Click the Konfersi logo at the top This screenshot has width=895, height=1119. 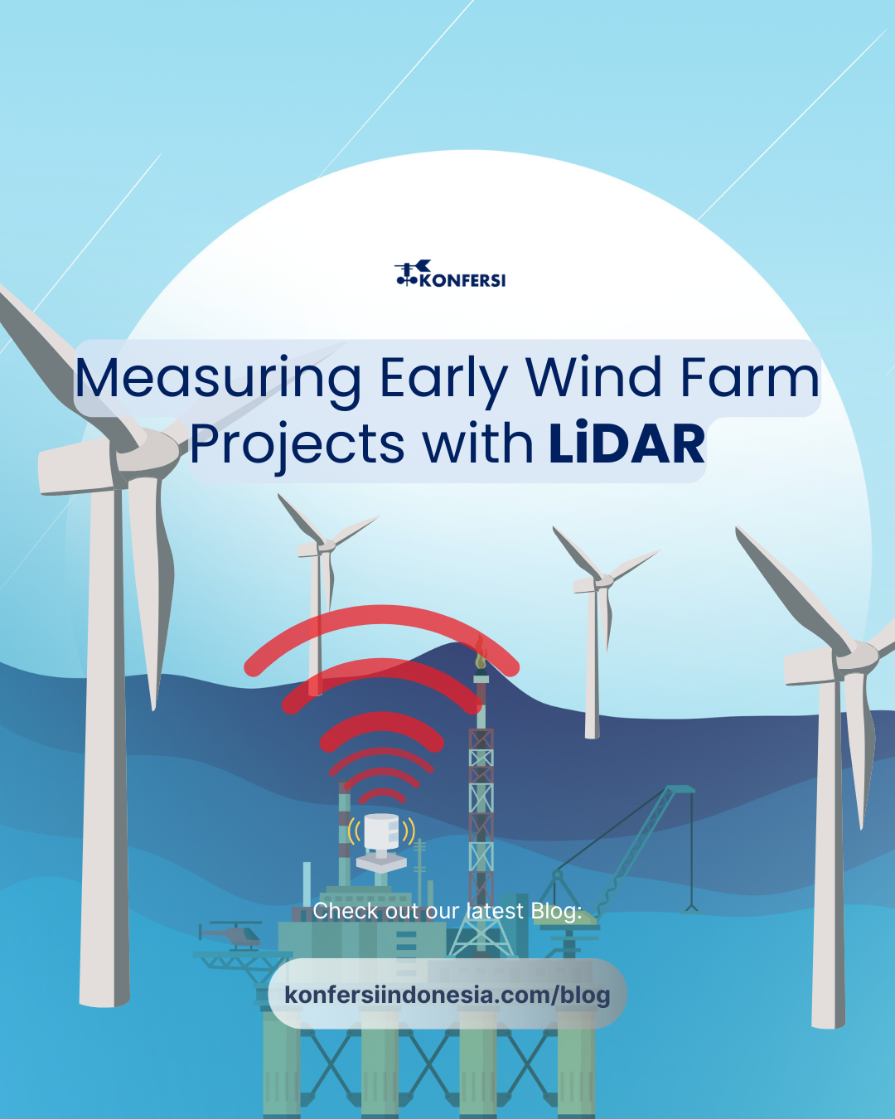click(x=450, y=274)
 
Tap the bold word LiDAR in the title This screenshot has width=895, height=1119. click(x=626, y=443)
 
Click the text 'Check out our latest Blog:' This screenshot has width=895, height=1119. click(x=447, y=910)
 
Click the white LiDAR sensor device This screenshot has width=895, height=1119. click(x=381, y=842)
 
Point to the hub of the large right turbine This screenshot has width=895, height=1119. click(x=857, y=656)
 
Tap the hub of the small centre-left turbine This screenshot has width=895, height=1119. click(x=327, y=545)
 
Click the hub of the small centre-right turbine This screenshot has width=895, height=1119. click(x=603, y=581)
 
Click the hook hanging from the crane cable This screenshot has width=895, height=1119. click(x=691, y=908)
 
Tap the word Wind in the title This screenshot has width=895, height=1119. click(x=593, y=376)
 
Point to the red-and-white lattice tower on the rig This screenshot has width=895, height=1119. click(x=481, y=816)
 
